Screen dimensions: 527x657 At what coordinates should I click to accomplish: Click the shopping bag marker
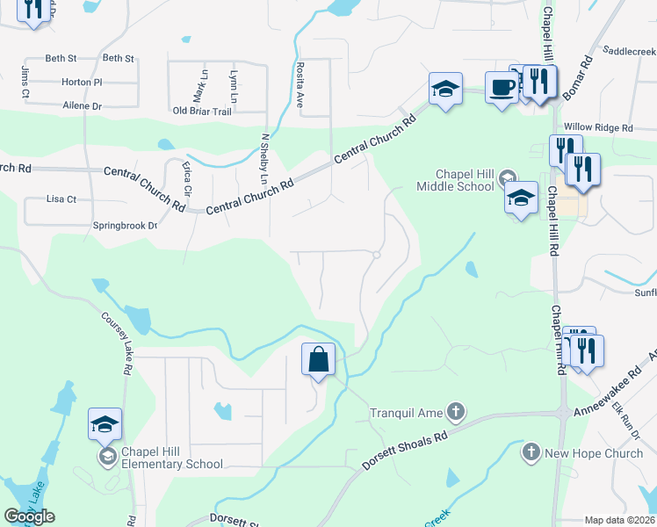[318, 359]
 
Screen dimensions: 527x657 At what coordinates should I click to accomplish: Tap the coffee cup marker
[502, 88]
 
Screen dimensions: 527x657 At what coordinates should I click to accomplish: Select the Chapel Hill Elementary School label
[172, 458]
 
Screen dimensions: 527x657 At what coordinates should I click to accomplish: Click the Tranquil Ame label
[407, 412]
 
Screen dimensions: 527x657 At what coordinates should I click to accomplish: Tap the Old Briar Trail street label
[202, 111]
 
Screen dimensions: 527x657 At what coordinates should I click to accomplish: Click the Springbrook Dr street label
[125, 226]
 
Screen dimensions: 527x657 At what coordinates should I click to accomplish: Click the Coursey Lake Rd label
[116, 345]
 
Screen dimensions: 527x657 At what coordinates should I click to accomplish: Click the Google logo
[29, 516]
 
